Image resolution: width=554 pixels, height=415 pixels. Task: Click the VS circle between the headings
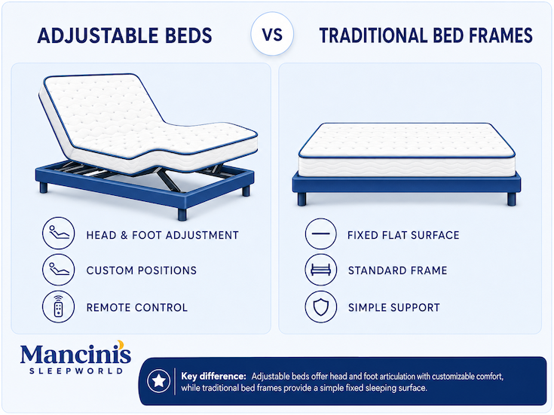(272, 34)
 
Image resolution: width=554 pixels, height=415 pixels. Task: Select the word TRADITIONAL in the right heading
(373, 35)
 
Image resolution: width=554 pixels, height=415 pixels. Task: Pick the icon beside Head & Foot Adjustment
(59, 233)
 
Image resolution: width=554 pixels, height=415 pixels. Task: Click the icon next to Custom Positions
(59, 270)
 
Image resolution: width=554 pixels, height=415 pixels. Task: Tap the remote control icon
(59, 307)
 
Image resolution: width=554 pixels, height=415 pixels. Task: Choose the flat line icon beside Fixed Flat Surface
(321, 233)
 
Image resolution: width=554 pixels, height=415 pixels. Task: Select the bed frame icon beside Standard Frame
(321, 270)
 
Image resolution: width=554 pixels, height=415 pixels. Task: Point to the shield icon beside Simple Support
(321, 307)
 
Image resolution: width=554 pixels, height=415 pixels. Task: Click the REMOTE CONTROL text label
(137, 307)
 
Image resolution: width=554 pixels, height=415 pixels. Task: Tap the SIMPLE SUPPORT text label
(394, 307)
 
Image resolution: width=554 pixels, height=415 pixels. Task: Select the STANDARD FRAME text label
(397, 270)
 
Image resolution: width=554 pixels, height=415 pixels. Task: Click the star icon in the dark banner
(158, 381)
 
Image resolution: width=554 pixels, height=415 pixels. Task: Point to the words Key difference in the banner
(213, 376)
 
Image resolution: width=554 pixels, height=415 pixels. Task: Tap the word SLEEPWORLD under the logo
(76, 371)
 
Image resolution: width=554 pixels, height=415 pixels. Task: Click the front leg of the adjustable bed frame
(182, 214)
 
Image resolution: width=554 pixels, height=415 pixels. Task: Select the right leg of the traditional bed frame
(512, 199)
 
